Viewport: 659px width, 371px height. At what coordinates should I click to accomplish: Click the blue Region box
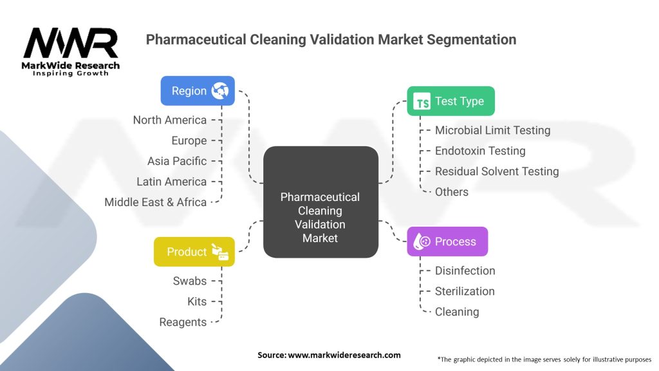[x=198, y=91]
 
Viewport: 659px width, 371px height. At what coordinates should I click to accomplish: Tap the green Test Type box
[x=450, y=101]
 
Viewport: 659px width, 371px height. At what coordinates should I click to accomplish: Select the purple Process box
[x=447, y=242]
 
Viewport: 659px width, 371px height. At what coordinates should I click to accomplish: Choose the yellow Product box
[x=194, y=252]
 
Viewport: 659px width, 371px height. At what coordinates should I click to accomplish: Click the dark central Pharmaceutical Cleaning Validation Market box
[x=320, y=202]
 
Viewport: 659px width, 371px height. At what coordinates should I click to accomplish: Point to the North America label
[x=170, y=120]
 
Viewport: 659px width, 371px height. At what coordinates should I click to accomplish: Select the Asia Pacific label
[x=177, y=161]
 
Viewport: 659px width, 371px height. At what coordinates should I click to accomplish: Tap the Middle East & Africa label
[x=156, y=202]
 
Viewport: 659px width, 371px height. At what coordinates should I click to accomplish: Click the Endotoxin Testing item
[x=480, y=151]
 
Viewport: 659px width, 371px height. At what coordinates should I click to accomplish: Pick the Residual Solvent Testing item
[x=497, y=171]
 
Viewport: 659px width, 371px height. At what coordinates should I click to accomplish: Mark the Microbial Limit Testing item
[x=492, y=130]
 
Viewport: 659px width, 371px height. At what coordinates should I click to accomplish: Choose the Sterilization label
[x=465, y=291]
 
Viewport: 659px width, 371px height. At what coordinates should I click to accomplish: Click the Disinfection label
[x=465, y=271]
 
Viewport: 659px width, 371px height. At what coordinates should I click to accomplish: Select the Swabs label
[x=190, y=281]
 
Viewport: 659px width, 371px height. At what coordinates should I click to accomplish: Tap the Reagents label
[x=183, y=322]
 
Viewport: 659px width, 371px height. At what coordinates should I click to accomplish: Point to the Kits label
[x=197, y=301]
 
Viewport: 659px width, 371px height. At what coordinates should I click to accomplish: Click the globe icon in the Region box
[x=220, y=91]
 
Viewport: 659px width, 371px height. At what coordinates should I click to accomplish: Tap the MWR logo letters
[x=71, y=43]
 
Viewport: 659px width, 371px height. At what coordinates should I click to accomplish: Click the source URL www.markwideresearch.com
[x=344, y=355]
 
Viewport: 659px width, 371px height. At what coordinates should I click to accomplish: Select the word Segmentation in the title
[x=472, y=39]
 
